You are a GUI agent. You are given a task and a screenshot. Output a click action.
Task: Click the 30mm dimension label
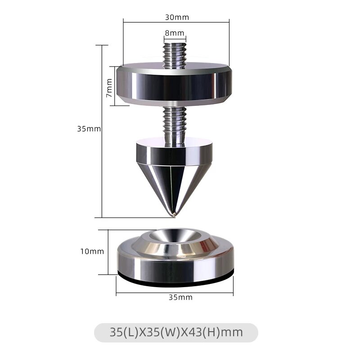point(177,18)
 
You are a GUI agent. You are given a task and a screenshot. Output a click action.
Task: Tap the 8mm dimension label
point(175,33)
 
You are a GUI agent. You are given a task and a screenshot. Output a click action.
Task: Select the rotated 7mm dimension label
point(109,88)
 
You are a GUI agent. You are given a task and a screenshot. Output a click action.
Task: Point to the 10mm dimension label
point(92,252)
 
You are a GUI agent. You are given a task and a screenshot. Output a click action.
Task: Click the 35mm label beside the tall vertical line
point(89,129)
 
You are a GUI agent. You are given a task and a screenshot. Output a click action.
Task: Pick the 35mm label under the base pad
point(180,297)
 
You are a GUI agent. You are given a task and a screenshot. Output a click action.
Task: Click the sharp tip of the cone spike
point(174,216)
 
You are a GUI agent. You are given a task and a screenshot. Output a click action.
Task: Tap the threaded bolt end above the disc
point(175,55)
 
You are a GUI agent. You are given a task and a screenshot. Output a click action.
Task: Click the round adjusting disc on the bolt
point(174,84)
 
